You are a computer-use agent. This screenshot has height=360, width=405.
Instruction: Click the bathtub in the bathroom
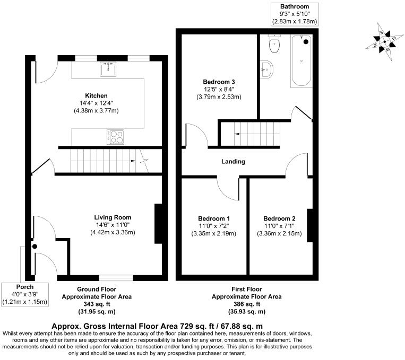click(x=302, y=61)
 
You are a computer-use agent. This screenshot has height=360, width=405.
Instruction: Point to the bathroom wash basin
click(x=266, y=68)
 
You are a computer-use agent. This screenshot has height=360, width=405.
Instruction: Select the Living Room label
click(x=113, y=217)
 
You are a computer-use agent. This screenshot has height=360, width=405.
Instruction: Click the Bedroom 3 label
click(x=219, y=82)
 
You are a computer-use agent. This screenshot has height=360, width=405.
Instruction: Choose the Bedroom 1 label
click(x=214, y=218)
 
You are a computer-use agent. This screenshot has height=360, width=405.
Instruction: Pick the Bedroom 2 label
click(x=279, y=218)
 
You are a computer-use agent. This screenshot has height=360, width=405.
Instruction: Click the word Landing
click(x=234, y=161)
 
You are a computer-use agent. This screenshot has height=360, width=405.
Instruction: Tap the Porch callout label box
click(x=25, y=294)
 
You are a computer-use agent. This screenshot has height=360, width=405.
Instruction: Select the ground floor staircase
click(x=101, y=160)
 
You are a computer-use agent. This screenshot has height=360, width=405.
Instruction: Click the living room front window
click(x=116, y=277)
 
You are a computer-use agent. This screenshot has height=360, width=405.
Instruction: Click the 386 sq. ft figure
click(x=247, y=304)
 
